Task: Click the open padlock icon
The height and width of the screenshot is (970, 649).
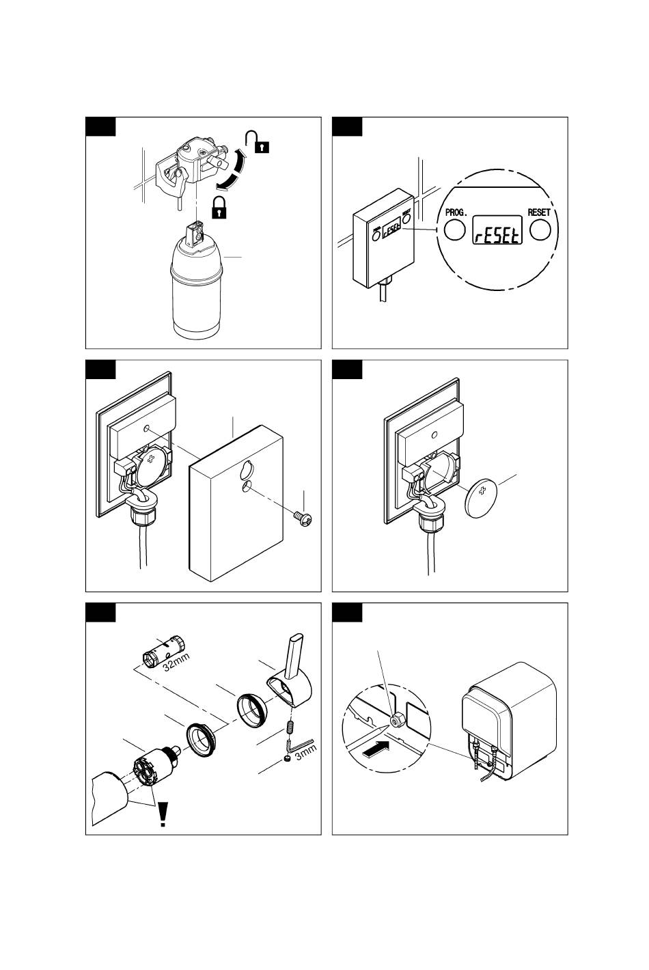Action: (x=258, y=141)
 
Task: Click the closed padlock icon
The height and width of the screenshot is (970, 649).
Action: (x=219, y=206)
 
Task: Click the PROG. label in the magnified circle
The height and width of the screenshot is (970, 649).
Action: (x=456, y=212)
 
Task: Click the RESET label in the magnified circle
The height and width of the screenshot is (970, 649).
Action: (x=539, y=212)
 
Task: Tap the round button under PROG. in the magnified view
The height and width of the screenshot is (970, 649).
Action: (x=454, y=232)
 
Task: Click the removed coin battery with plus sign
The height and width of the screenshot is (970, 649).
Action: (x=483, y=497)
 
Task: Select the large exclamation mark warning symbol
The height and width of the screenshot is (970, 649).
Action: (x=163, y=814)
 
